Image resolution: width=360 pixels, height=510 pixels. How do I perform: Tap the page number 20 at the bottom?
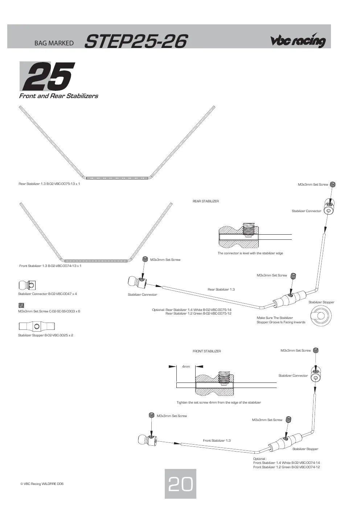180,484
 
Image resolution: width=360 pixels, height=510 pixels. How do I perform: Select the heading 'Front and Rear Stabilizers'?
58,96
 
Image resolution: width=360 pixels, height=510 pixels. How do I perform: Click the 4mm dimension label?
186,366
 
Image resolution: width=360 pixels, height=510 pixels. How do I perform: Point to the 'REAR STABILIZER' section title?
205,201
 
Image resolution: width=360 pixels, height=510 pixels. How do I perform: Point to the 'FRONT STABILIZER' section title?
206,351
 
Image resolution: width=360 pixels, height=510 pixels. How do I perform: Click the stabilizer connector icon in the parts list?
27,285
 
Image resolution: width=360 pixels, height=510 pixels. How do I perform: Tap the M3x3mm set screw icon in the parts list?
21,305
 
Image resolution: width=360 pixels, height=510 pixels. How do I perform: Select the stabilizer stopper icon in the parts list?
37,326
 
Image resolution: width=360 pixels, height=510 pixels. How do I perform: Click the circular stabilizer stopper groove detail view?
321,316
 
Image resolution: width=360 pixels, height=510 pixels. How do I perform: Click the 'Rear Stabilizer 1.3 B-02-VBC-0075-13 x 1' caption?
49,184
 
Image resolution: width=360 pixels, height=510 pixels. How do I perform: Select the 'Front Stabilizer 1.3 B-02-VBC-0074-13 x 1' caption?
50,266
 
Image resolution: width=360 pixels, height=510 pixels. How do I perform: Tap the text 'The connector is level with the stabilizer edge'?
250,253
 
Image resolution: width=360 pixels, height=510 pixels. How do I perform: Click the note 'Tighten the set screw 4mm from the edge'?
219,402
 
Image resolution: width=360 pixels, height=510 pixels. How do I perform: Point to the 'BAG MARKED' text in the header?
54,43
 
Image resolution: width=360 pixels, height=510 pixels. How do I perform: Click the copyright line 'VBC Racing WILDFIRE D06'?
42,484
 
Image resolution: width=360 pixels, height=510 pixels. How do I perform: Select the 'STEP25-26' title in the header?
136,41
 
